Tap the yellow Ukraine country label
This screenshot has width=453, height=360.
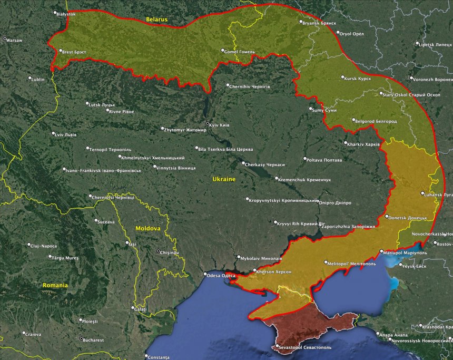tap(224, 179)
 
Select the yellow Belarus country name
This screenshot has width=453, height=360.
tap(157, 20)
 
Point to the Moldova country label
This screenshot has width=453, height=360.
tap(147, 228)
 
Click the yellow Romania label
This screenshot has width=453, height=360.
tap(55, 285)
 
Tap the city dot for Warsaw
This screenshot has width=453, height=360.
tap(5, 39)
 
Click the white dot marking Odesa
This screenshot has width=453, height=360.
tap(206, 274)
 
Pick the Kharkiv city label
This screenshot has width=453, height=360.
tap(364, 144)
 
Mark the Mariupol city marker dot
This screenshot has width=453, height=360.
tap(382, 251)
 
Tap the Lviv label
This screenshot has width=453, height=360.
tap(66, 134)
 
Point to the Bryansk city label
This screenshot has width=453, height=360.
tap(320, 23)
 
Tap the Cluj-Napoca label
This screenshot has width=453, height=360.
tap(45, 246)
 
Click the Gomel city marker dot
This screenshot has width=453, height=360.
tap(222, 51)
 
